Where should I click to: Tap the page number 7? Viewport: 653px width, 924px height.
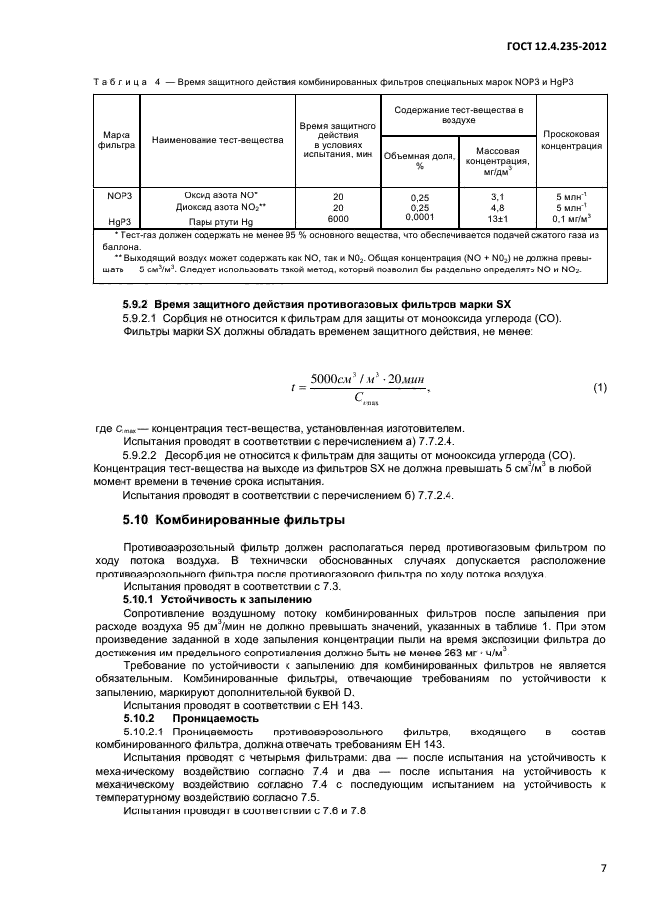[602, 870]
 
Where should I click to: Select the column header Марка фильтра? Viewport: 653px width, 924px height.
[111, 139]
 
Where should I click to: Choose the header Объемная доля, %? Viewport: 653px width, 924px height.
[418, 160]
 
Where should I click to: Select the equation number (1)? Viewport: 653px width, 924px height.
[598, 387]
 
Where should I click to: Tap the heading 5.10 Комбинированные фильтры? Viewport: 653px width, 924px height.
[233, 519]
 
